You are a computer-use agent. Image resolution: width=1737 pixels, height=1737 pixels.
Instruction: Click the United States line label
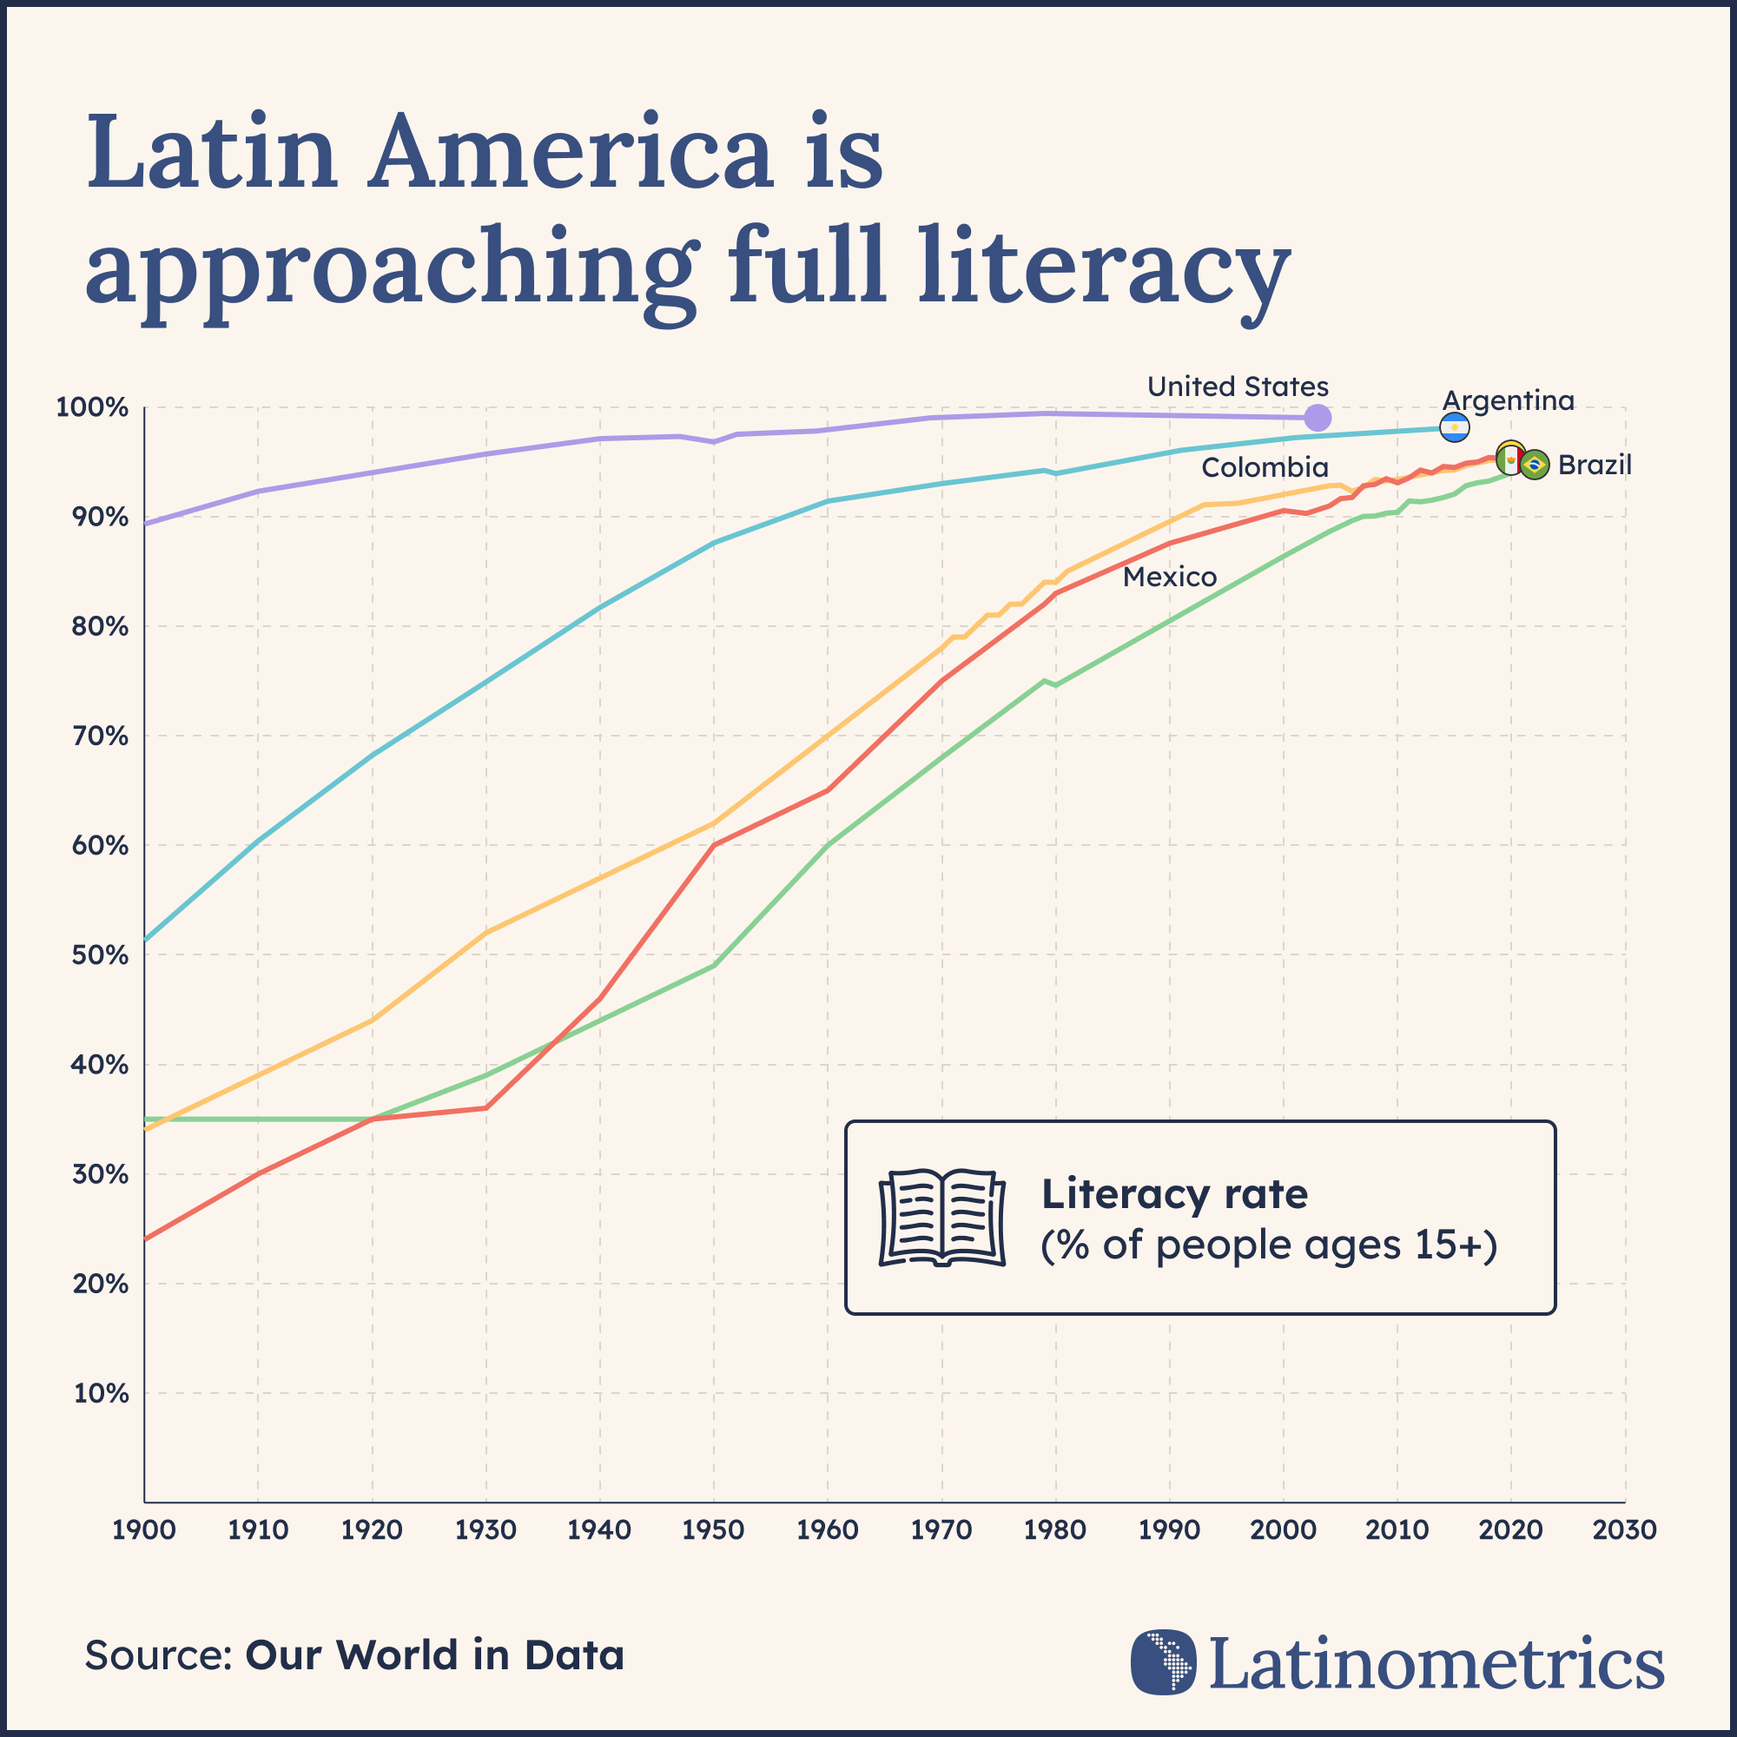click(1237, 386)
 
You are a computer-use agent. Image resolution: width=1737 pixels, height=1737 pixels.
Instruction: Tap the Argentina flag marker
click(1455, 428)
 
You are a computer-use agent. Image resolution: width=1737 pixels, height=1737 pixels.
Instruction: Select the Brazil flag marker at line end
click(1535, 465)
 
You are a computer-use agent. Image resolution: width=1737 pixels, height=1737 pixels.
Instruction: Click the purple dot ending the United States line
click(1318, 417)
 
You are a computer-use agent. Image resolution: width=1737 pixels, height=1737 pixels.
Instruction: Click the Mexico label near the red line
click(1170, 577)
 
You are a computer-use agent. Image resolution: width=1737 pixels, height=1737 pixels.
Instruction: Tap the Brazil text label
click(1594, 465)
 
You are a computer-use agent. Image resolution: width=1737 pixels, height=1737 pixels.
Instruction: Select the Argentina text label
click(1508, 400)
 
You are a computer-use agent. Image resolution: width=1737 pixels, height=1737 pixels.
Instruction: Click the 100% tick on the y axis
click(93, 408)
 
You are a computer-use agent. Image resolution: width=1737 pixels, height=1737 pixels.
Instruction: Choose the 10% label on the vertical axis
click(101, 1394)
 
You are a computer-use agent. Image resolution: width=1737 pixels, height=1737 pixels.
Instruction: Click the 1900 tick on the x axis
click(144, 1529)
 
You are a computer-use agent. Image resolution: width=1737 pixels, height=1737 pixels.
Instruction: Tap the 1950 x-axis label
click(713, 1529)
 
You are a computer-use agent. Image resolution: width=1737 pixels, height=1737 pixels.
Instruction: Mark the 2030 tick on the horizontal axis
click(1624, 1529)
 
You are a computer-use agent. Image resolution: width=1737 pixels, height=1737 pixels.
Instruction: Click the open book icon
click(941, 1218)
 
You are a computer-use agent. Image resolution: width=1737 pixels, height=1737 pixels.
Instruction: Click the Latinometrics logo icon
click(1164, 1662)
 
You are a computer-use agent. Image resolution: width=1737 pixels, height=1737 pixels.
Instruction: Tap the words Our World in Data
click(434, 1655)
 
